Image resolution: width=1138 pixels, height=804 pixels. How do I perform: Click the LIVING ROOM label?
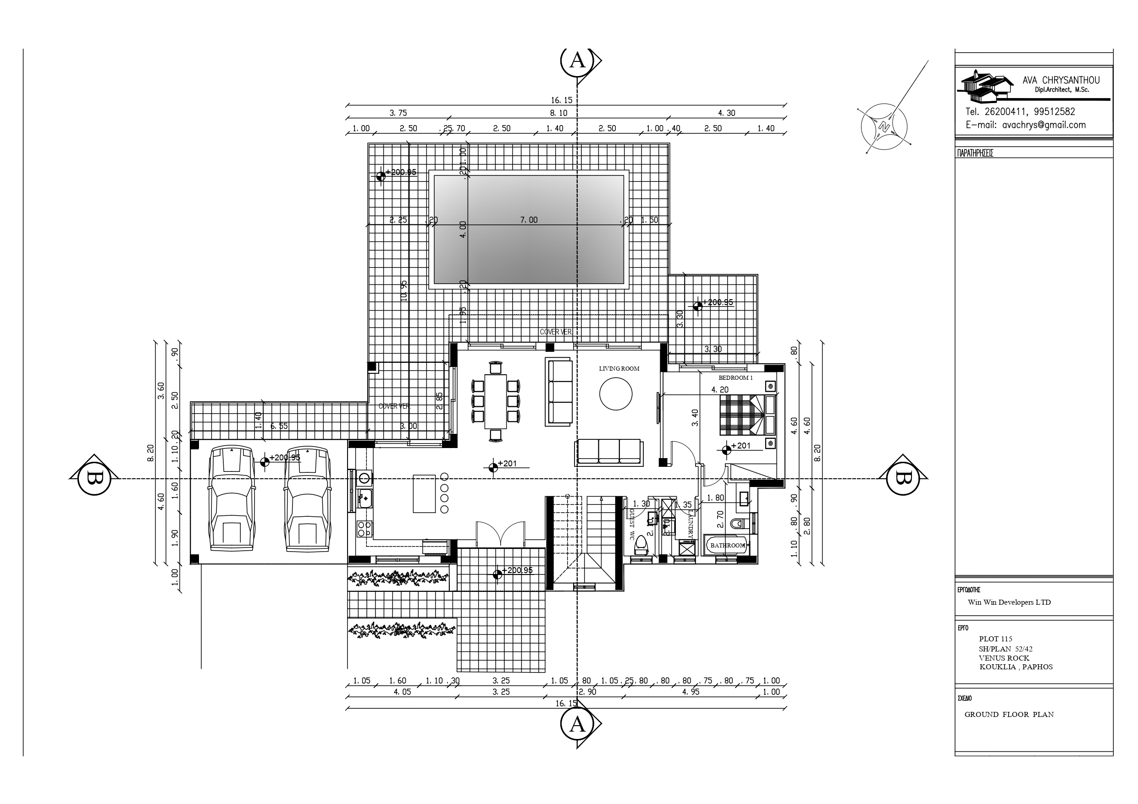pos(619,369)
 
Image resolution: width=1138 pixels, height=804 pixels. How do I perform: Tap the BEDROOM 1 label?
pos(735,378)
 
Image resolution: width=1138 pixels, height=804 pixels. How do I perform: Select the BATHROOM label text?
pos(727,546)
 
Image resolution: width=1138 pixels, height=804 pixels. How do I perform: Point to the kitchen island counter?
pos(424,494)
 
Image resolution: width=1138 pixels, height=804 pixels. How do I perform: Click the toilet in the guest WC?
pos(641,545)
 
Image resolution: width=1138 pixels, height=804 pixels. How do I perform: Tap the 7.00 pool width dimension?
pos(529,220)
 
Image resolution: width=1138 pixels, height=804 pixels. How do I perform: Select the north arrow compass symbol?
pos(884,127)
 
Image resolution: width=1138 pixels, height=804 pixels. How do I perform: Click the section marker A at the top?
pos(577,60)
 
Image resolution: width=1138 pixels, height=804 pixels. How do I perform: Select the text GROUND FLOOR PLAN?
pos(1009,714)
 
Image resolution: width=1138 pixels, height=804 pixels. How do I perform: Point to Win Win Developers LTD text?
pos(1009,602)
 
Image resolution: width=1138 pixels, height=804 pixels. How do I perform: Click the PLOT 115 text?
pos(995,639)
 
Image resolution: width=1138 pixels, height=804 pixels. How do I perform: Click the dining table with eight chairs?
pos(496,401)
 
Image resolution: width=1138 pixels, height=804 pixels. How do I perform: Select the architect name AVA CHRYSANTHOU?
pos(1061,80)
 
